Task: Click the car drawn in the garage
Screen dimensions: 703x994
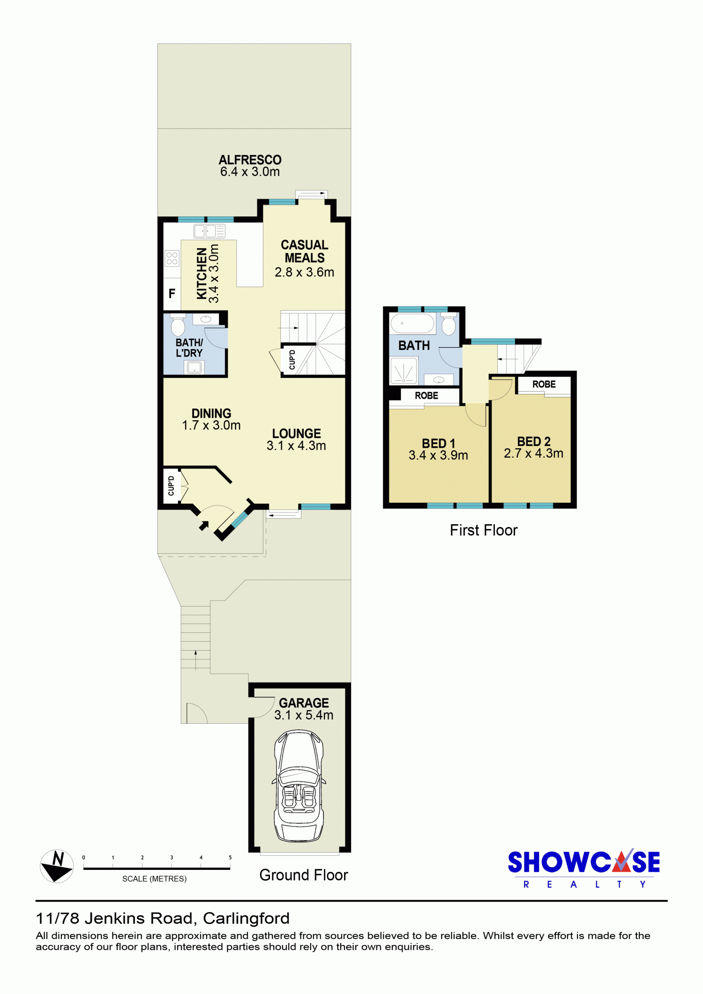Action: tap(299, 786)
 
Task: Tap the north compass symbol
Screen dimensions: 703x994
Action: tap(57, 866)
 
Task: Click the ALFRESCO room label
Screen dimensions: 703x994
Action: tap(250, 160)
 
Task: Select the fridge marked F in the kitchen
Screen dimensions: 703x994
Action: tap(172, 294)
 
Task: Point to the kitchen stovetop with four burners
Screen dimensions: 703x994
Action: tap(172, 258)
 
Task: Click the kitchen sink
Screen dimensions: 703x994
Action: tap(209, 231)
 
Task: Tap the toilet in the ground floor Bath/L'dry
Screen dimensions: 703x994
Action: tap(178, 325)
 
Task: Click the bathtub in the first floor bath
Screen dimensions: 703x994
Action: tap(412, 323)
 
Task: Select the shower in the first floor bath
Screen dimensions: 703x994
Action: tap(404, 371)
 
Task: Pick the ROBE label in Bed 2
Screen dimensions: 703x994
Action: tap(544, 384)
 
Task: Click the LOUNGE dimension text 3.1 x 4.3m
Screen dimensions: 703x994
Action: tap(296, 446)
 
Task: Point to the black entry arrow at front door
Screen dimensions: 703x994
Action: tap(204, 526)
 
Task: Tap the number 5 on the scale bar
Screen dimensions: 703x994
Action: tap(230, 858)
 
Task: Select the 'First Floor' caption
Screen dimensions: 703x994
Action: tap(484, 530)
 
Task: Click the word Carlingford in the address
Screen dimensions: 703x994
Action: tap(247, 919)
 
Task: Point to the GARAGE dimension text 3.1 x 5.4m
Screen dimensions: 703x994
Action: tap(304, 715)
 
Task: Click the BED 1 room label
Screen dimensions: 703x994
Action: tap(439, 443)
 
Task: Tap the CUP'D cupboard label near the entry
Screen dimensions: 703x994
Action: tap(171, 486)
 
